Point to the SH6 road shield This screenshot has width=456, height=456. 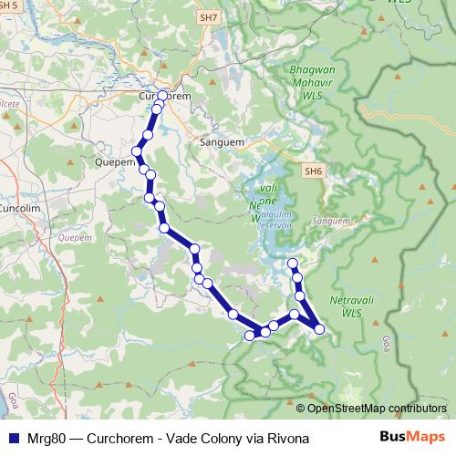[x=314, y=171]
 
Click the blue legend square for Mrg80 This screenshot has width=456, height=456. [x=13, y=438]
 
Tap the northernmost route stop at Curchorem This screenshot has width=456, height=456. [x=162, y=96]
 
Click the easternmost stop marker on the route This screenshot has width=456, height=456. [x=319, y=328]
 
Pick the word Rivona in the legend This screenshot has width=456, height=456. [x=289, y=438]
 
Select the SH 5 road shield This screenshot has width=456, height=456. [x=10, y=5]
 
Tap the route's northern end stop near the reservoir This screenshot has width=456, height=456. [x=293, y=264]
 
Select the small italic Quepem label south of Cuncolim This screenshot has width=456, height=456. [x=69, y=237]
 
